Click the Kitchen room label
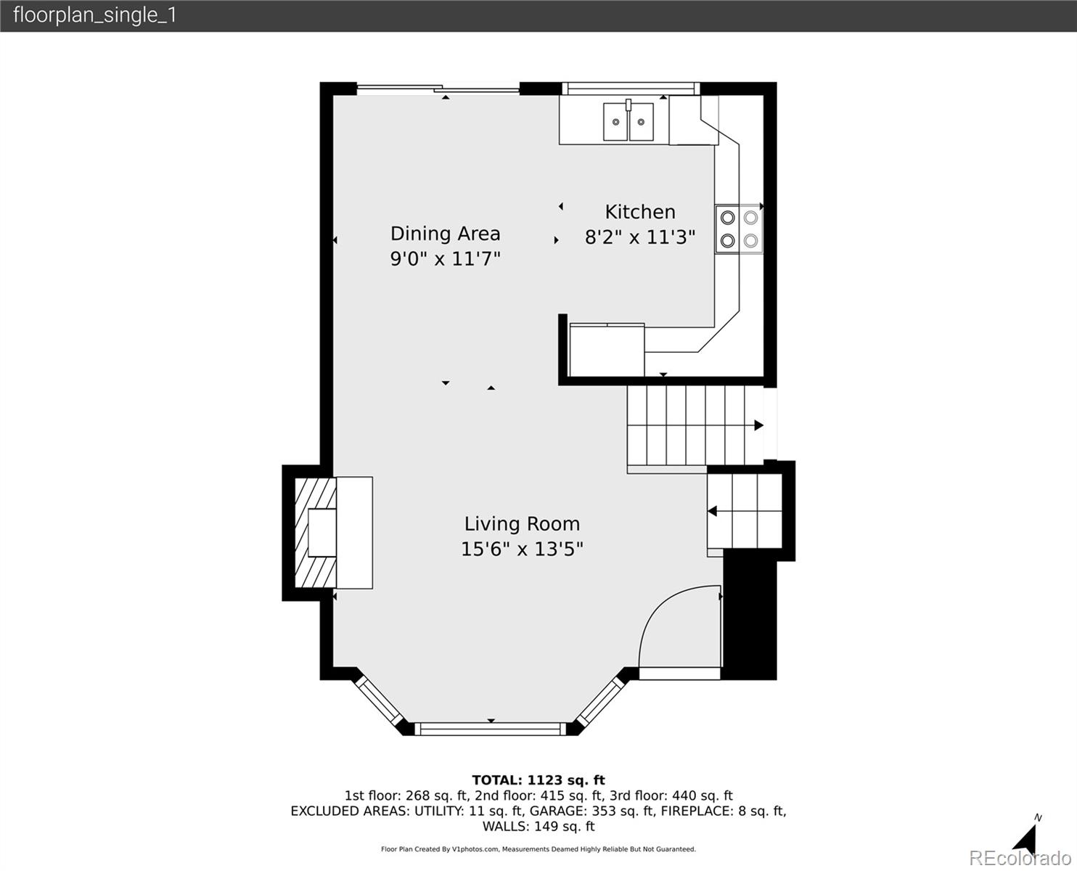(x=640, y=212)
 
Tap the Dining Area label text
(x=445, y=234)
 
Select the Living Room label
(x=522, y=524)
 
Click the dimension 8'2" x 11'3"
(x=640, y=237)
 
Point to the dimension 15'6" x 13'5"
(x=522, y=549)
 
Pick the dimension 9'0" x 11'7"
(x=445, y=258)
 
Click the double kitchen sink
(x=628, y=121)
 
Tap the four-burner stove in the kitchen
(x=739, y=229)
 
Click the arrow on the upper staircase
(x=758, y=425)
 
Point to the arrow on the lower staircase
(x=713, y=511)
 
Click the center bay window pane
(x=491, y=728)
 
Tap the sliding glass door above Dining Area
(x=438, y=90)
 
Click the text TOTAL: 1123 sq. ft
(x=538, y=780)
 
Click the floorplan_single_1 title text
(x=95, y=15)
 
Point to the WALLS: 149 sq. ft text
(x=538, y=826)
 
